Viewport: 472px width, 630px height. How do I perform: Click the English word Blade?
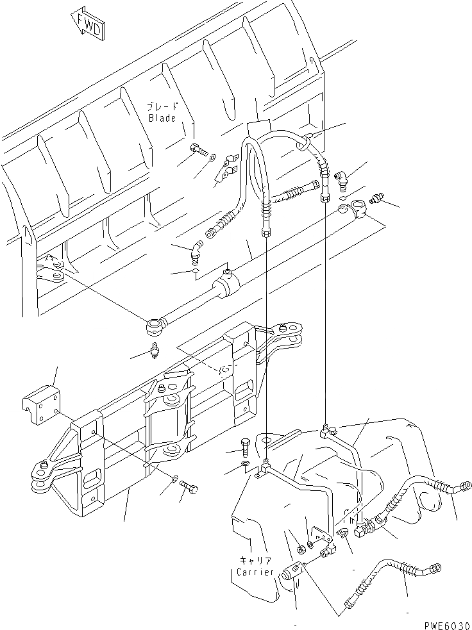(162, 118)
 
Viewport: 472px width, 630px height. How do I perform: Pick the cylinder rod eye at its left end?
(155, 327)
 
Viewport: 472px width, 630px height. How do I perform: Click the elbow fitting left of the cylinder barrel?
(195, 251)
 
